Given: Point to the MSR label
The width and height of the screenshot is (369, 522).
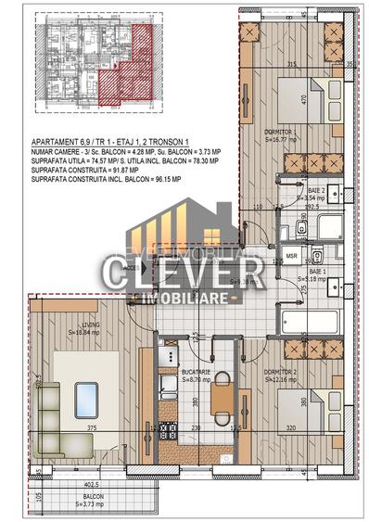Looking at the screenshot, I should [291, 254].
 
